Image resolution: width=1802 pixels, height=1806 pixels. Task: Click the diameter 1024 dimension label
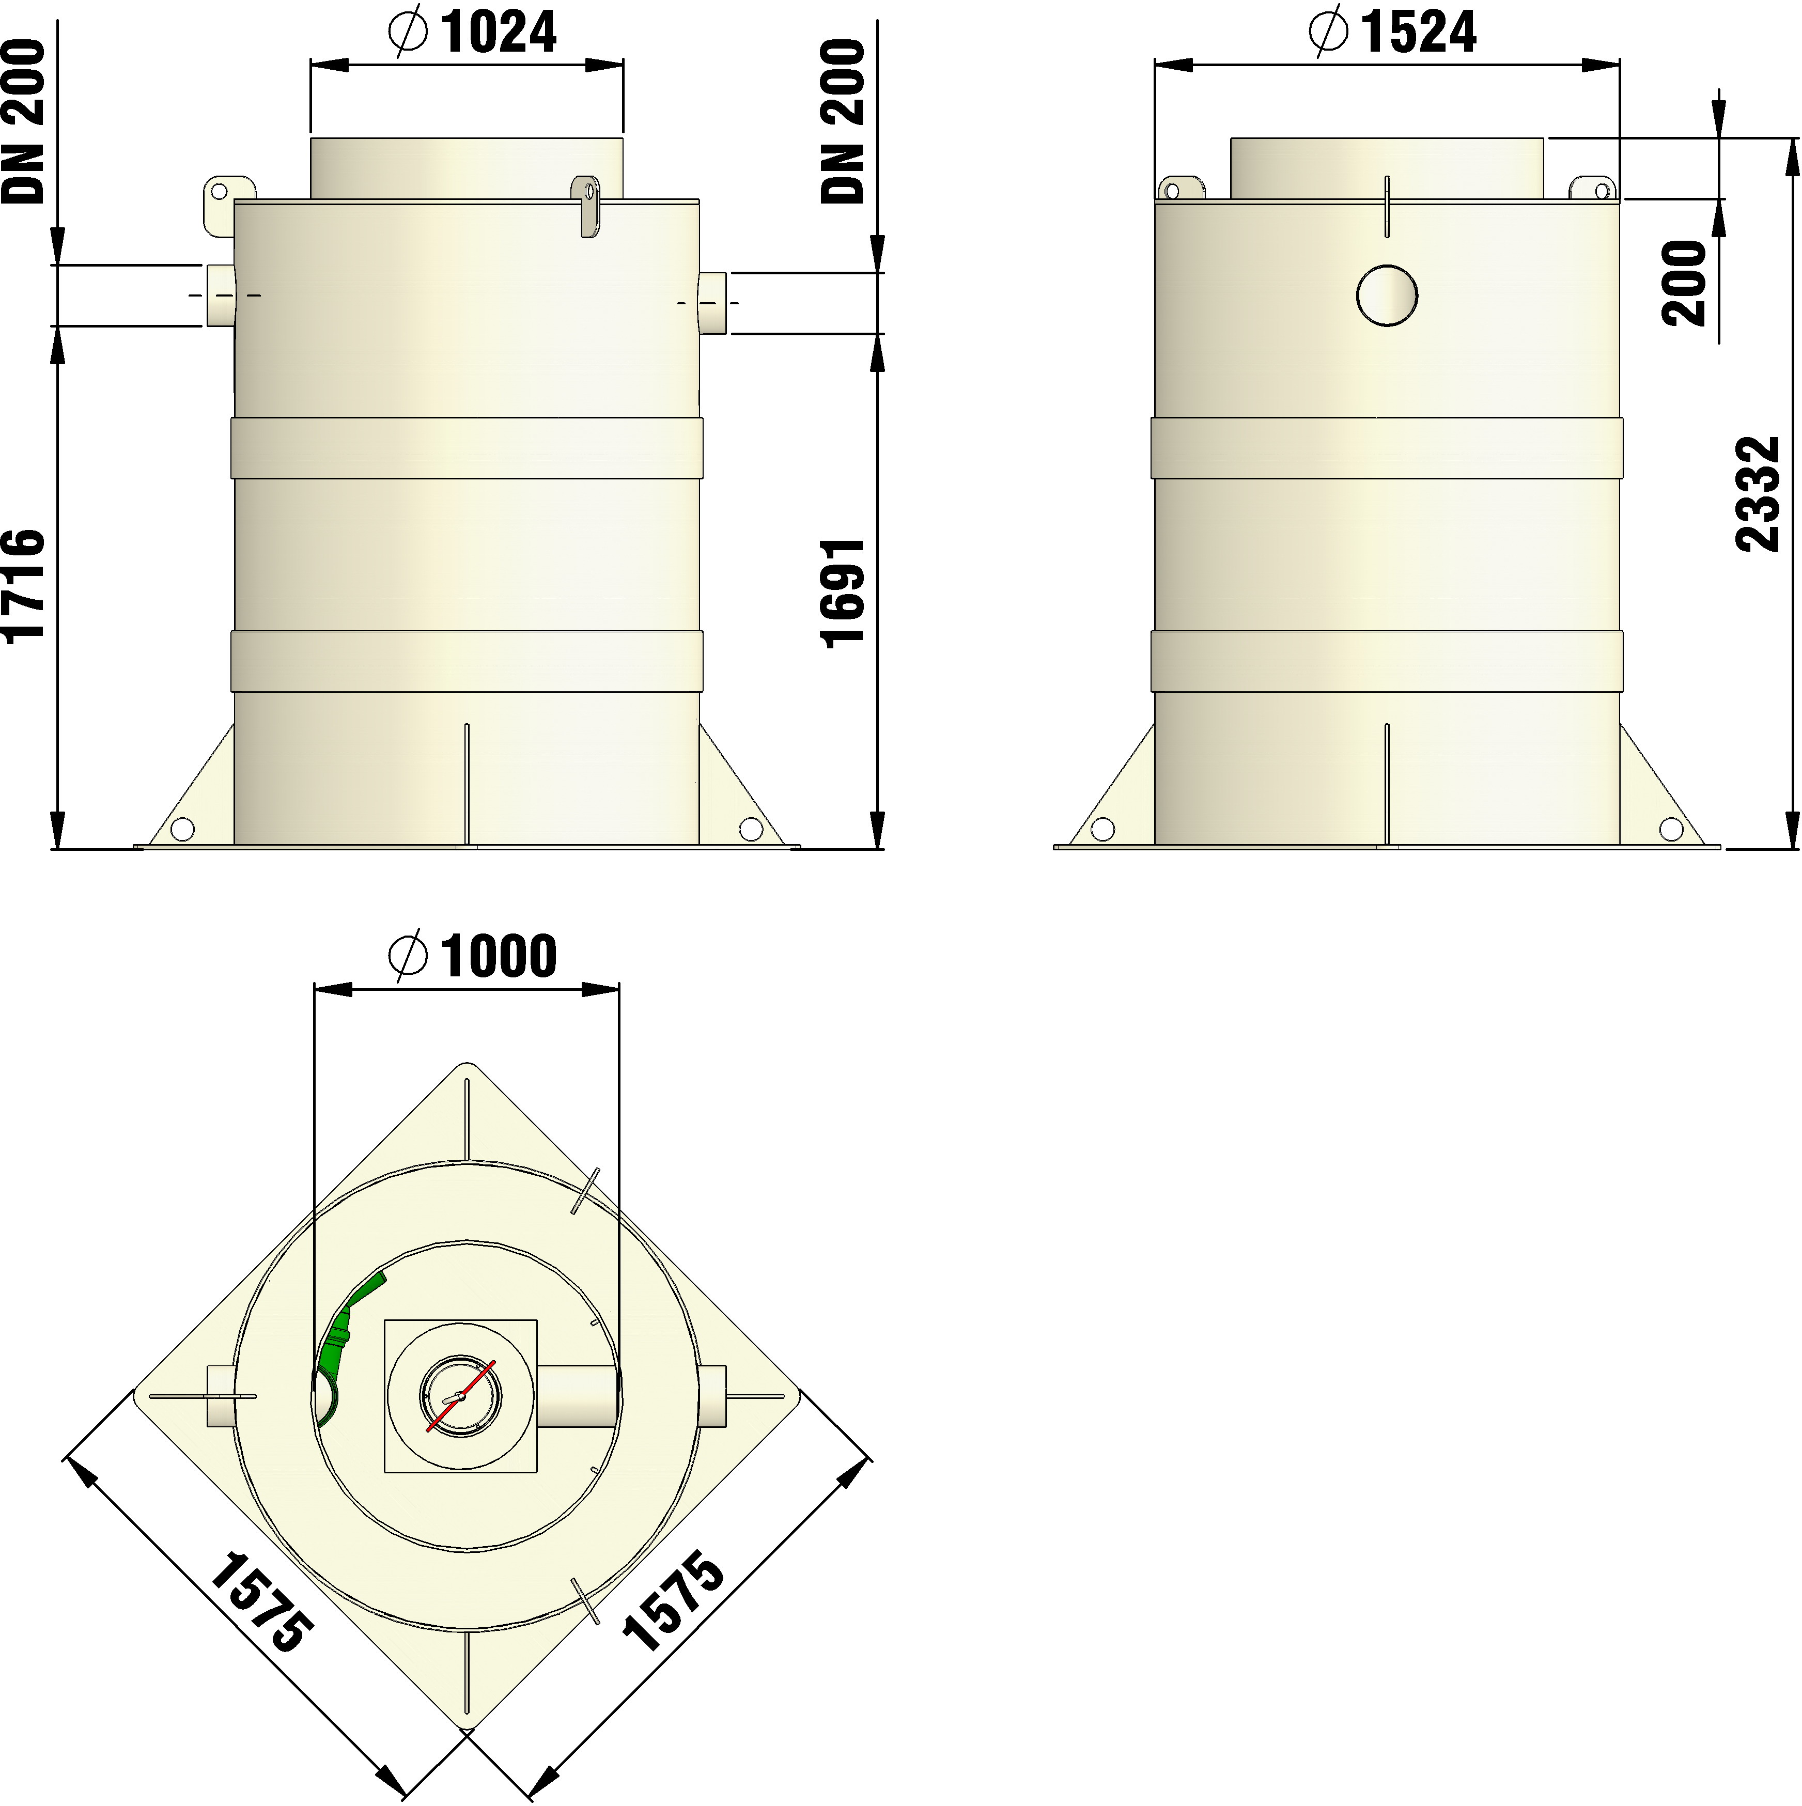point(472,33)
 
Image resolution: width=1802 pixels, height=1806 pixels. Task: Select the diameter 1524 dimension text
point(1393,33)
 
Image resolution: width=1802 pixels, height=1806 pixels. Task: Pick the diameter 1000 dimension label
point(473,955)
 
